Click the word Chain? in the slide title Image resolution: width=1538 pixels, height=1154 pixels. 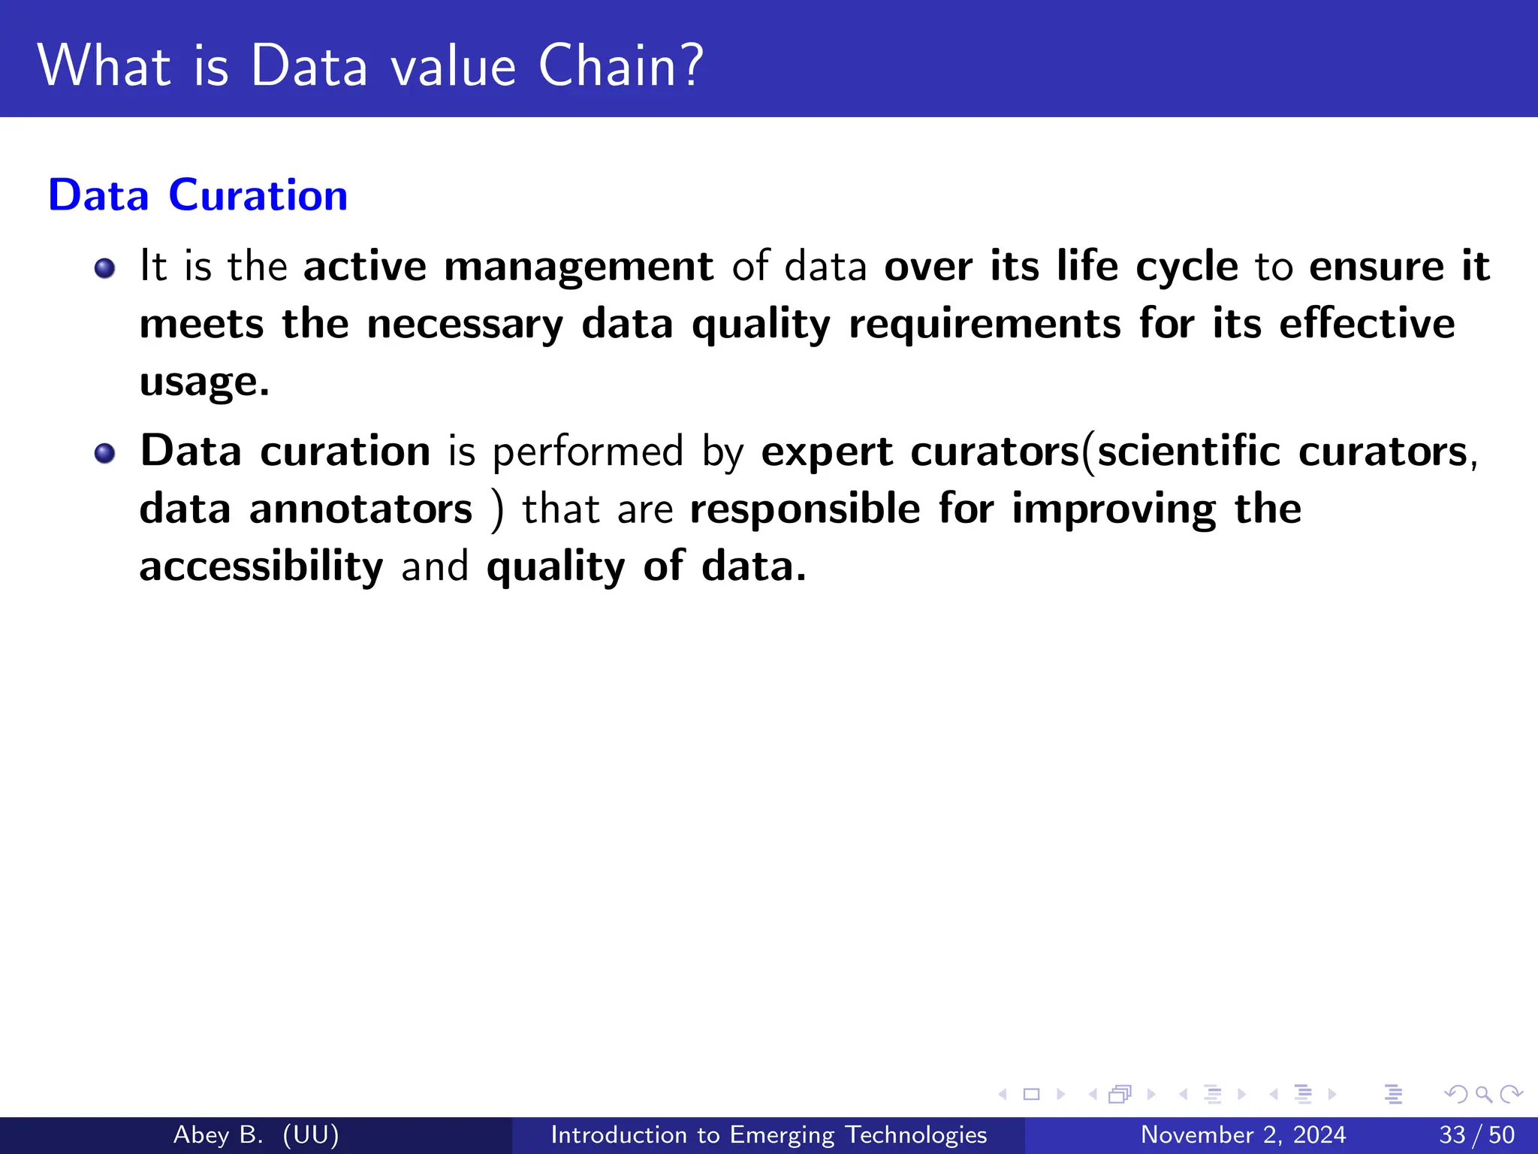pos(621,66)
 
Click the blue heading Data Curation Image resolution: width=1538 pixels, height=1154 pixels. pos(198,195)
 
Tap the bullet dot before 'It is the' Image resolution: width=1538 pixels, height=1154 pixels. pos(105,268)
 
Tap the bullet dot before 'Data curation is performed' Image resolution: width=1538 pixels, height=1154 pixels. pos(105,453)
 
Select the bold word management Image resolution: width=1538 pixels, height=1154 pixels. pos(578,267)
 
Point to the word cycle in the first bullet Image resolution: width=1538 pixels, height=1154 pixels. pos(1187,267)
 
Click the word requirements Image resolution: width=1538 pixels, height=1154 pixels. pos(985,325)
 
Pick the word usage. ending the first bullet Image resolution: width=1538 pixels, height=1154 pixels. pos(204,382)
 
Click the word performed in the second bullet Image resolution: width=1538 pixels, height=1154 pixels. pos(588,452)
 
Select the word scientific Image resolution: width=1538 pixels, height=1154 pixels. pos(1189,452)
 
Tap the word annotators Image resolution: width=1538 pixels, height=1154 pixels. pos(361,509)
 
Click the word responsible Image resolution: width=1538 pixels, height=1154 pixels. pos(805,509)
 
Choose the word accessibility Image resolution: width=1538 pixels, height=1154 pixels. pos(261,566)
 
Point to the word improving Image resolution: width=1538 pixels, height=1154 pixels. pos(1114,509)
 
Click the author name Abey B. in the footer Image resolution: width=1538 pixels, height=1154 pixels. pos(219,1134)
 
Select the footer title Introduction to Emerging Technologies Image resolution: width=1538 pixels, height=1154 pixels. pos(768,1134)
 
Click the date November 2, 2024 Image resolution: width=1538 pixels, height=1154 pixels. pos(1243,1134)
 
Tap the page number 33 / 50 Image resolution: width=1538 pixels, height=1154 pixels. pos(1476,1134)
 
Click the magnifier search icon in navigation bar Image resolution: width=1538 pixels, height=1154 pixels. pos(1483,1094)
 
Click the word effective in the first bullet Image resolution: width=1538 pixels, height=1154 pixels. pos(1367,325)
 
